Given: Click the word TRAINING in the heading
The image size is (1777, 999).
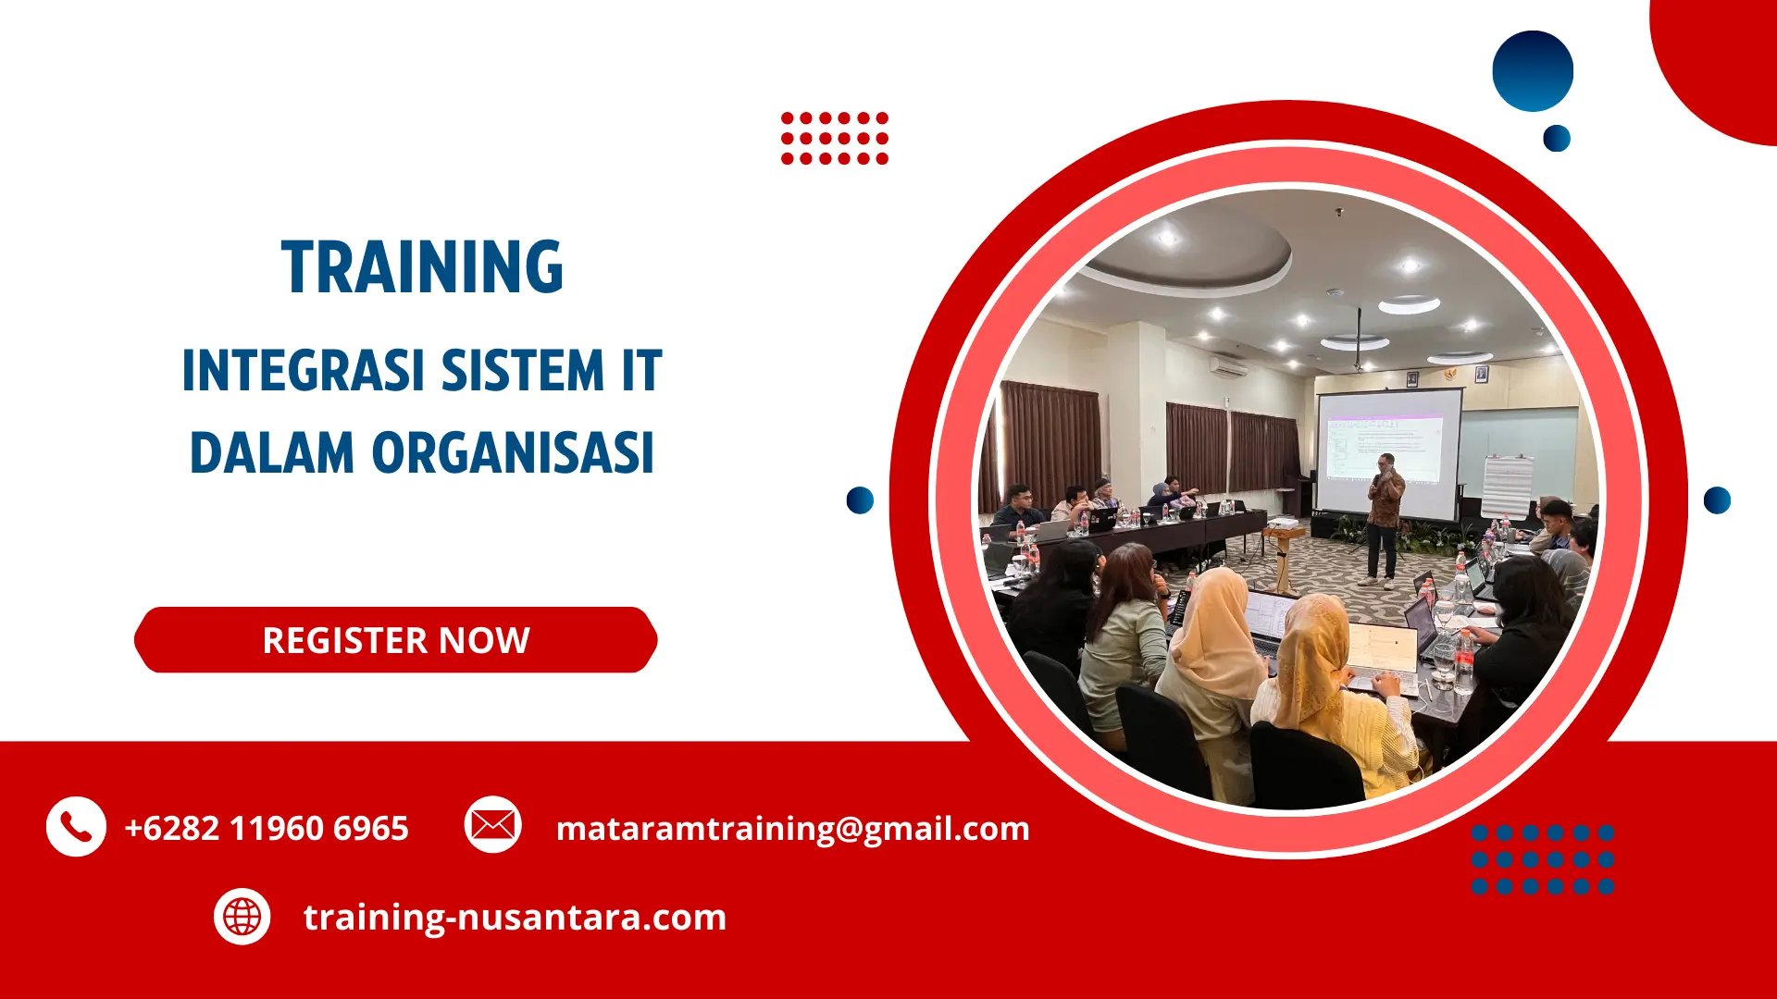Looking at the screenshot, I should pyautogui.click(x=422, y=267).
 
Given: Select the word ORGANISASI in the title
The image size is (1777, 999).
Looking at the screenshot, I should pyautogui.click(x=513, y=453).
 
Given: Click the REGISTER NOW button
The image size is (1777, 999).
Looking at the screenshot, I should pyautogui.click(x=396, y=640).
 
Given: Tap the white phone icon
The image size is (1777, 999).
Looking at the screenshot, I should pyautogui.click(x=76, y=826).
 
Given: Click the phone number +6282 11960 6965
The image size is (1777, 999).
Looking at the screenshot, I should pyautogui.click(x=267, y=828).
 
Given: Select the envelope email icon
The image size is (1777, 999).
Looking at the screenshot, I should pyautogui.click(x=492, y=824).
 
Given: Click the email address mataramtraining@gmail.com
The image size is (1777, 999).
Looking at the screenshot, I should pyautogui.click(x=792, y=828).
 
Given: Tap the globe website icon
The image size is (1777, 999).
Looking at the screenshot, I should pyautogui.click(x=242, y=917).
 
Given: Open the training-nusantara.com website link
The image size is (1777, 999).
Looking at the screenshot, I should pyautogui.click(x=515, y=917).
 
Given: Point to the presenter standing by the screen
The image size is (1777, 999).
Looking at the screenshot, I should pyautogui.click(x=1384, y=518).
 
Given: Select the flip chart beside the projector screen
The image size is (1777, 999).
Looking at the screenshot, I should pyautogui.click(x=1506, y=486).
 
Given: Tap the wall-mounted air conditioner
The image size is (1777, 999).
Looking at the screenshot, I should pyautogui.click(x=1228, y=365).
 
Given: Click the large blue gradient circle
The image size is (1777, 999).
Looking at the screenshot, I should pyautogui.click(x=1533, y=71).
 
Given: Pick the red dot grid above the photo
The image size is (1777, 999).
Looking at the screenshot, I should pyautogui.click(x=834, y=139).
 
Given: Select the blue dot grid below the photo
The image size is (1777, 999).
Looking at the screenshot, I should pyautogui.click(x=1543, y=859).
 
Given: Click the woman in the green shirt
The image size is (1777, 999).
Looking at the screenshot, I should pyautogui.click(x=1122, y=647).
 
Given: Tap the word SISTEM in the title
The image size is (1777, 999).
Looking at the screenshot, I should pyautogui.click(x=522, y=371).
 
